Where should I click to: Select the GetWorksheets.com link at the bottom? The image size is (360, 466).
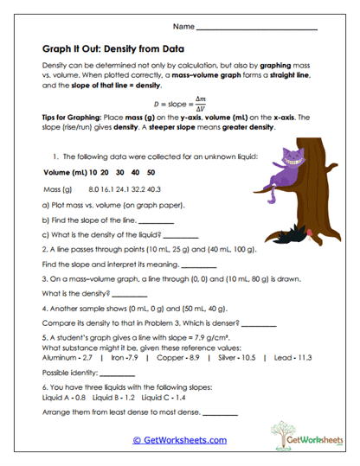(x=179, y=439)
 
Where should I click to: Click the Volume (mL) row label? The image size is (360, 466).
(x=63, y=172)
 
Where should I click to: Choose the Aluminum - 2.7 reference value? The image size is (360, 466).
(x=67, y=356)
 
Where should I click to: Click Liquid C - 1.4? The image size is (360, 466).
(x=163, y=399)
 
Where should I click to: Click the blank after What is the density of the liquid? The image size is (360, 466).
(x=180, y=235)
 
